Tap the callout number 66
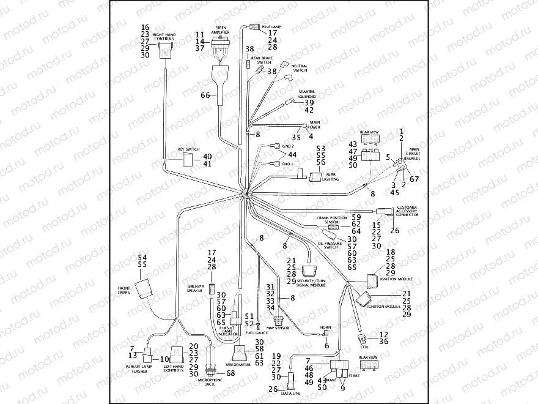pyautogui.click(x=205, y=95)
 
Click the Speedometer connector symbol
pyautogui.click(x=241, y=350)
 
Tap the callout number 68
pyautogui.click(x=230, y=373)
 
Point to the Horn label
pyautogui.click(x=326, y=328)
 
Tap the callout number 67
pyautogui.click(x=415, y=179)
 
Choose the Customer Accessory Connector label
pyautogui.click(x=407, y=212)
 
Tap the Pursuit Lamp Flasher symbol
pyautogui.click(x=148, y=353)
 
